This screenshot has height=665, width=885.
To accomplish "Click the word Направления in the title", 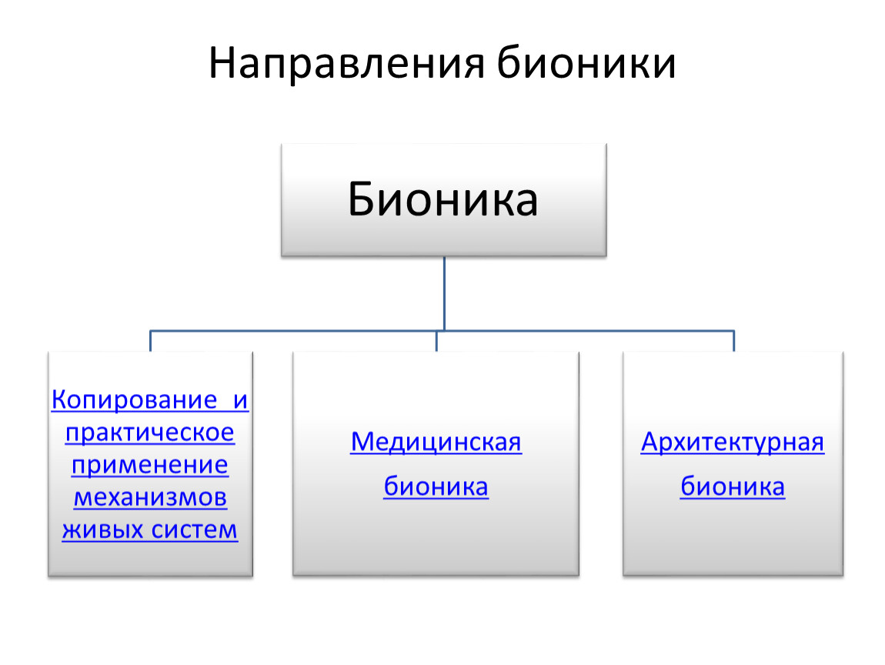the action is pos(346,63).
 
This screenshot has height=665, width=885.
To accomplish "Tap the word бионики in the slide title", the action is pos(586,62).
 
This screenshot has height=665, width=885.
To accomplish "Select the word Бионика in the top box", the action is pos(443,199).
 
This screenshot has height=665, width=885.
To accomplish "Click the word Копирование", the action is pos(135,399).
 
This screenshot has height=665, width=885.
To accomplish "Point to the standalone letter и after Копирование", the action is pos(241,401).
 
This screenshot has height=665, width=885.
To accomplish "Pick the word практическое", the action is pos(150,433).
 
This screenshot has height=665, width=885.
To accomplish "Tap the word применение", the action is pos(149,465).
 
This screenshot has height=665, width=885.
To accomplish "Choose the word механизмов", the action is pos(150,497).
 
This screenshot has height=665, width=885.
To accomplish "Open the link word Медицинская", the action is pos(436,442).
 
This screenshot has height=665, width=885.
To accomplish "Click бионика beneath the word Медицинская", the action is pos(436,486).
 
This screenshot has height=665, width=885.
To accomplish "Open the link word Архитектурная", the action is pos(733,443).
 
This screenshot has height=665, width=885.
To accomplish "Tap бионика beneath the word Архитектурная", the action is pos(733,486).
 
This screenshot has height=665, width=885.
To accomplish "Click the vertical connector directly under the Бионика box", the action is pos(444,293).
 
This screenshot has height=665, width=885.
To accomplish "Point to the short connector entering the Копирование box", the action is pos(150,341).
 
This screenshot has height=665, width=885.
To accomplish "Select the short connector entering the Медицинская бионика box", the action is pos(436,341).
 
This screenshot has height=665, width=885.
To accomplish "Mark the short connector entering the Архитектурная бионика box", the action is pos(733,341).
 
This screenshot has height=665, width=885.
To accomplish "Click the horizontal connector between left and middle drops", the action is pos(293,331).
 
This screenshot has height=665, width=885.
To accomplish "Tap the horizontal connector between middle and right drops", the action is pos(586,331).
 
